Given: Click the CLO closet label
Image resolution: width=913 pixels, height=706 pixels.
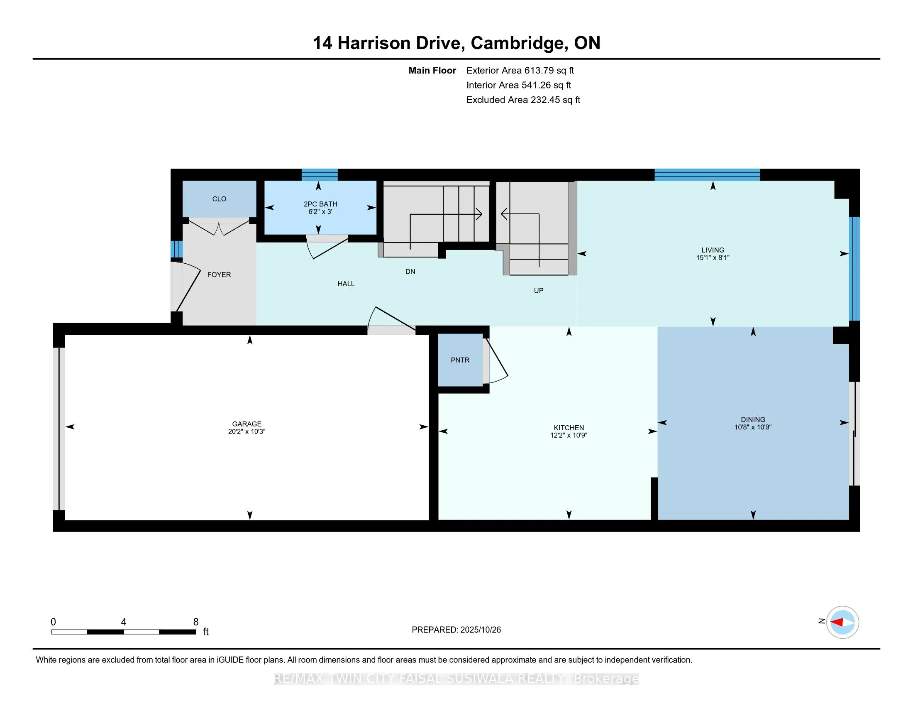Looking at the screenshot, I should pos(219,199).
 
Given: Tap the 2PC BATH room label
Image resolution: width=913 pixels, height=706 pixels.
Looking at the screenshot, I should pos(320,204).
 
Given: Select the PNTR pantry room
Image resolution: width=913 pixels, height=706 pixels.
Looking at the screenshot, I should pos(460,360).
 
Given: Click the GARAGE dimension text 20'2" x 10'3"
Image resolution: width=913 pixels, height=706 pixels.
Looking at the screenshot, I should pos(247,431).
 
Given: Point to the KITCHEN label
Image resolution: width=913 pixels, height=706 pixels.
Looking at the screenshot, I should pos(569,428).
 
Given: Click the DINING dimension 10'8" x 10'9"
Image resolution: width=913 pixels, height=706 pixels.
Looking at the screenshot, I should pos(752,427).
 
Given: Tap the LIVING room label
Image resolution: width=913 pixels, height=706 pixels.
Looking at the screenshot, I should pos(713,250).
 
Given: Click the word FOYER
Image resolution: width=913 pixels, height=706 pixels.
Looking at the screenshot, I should pos(219,275).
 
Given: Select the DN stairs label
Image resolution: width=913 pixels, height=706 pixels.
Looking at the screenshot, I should pos(410,272).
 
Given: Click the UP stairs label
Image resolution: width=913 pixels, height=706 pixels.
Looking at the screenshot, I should pos(538,291).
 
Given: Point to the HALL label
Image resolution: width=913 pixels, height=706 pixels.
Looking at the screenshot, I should pos(346,284).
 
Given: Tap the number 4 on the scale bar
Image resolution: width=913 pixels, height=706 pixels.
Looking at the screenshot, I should pos(124,622).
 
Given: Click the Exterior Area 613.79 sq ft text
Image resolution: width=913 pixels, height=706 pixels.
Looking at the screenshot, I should pos(520,71).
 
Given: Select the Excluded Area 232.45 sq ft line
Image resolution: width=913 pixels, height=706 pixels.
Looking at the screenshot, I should pos(523,100).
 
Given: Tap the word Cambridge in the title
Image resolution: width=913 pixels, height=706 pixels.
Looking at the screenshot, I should pos(520,43).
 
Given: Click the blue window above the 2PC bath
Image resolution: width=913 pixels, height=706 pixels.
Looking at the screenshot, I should pos(320,174).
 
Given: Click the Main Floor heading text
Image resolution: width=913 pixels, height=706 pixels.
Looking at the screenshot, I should pos(432,71).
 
